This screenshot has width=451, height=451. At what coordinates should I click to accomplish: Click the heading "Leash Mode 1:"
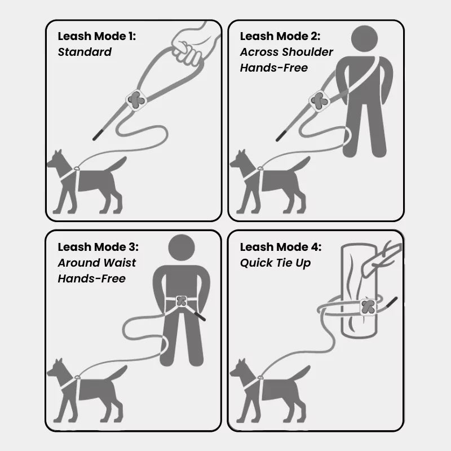(96, 37)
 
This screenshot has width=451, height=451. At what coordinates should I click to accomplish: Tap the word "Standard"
(85, 52)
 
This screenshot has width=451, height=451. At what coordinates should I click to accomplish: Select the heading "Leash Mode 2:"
(280, 37)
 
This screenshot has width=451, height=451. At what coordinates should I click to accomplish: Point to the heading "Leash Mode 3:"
(98, 247)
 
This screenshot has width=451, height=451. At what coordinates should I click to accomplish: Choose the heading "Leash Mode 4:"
(280, 247)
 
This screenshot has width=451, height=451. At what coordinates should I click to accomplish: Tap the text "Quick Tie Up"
(275, 263)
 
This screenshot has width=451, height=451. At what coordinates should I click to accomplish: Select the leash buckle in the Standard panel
(136, 100)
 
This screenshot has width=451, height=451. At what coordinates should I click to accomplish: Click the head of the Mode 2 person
(364, 38)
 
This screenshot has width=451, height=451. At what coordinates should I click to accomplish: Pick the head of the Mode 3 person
(181, 248)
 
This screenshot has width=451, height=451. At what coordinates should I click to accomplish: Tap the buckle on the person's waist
(181, 301)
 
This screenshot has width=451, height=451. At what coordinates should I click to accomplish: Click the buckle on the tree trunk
(368, 307)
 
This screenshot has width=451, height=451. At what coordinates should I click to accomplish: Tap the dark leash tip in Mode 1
(98, 135)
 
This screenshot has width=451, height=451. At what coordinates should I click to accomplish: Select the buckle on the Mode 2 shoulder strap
(319, 101)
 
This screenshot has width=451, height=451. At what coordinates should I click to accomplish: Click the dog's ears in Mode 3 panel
(59, 362)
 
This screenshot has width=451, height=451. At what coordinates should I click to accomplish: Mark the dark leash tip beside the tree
(392, 303)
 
